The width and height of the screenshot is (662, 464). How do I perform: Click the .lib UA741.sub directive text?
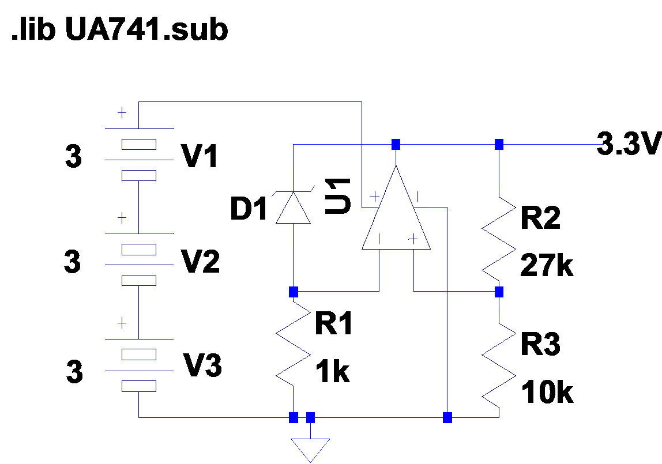point(120,30)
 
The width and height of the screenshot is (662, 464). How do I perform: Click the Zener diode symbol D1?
point(293,208)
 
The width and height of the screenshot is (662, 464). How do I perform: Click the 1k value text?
point(333,373)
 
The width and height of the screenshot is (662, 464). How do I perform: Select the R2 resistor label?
point(540,219)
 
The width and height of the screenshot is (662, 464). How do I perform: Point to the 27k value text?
point(547,266)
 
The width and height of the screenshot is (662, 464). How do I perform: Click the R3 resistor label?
point(540,345)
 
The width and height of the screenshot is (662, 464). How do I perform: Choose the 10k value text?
point(547,393)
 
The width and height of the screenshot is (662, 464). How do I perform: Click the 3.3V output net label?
point(627,144)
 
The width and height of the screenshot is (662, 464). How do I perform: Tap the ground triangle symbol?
point(310,448)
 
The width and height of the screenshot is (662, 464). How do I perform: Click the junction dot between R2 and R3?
point(499,292)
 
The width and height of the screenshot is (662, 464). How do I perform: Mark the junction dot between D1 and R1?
point(294,292)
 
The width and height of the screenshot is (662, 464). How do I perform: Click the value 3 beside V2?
point(72,262)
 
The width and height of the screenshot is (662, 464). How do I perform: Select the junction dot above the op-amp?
point(396,144)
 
